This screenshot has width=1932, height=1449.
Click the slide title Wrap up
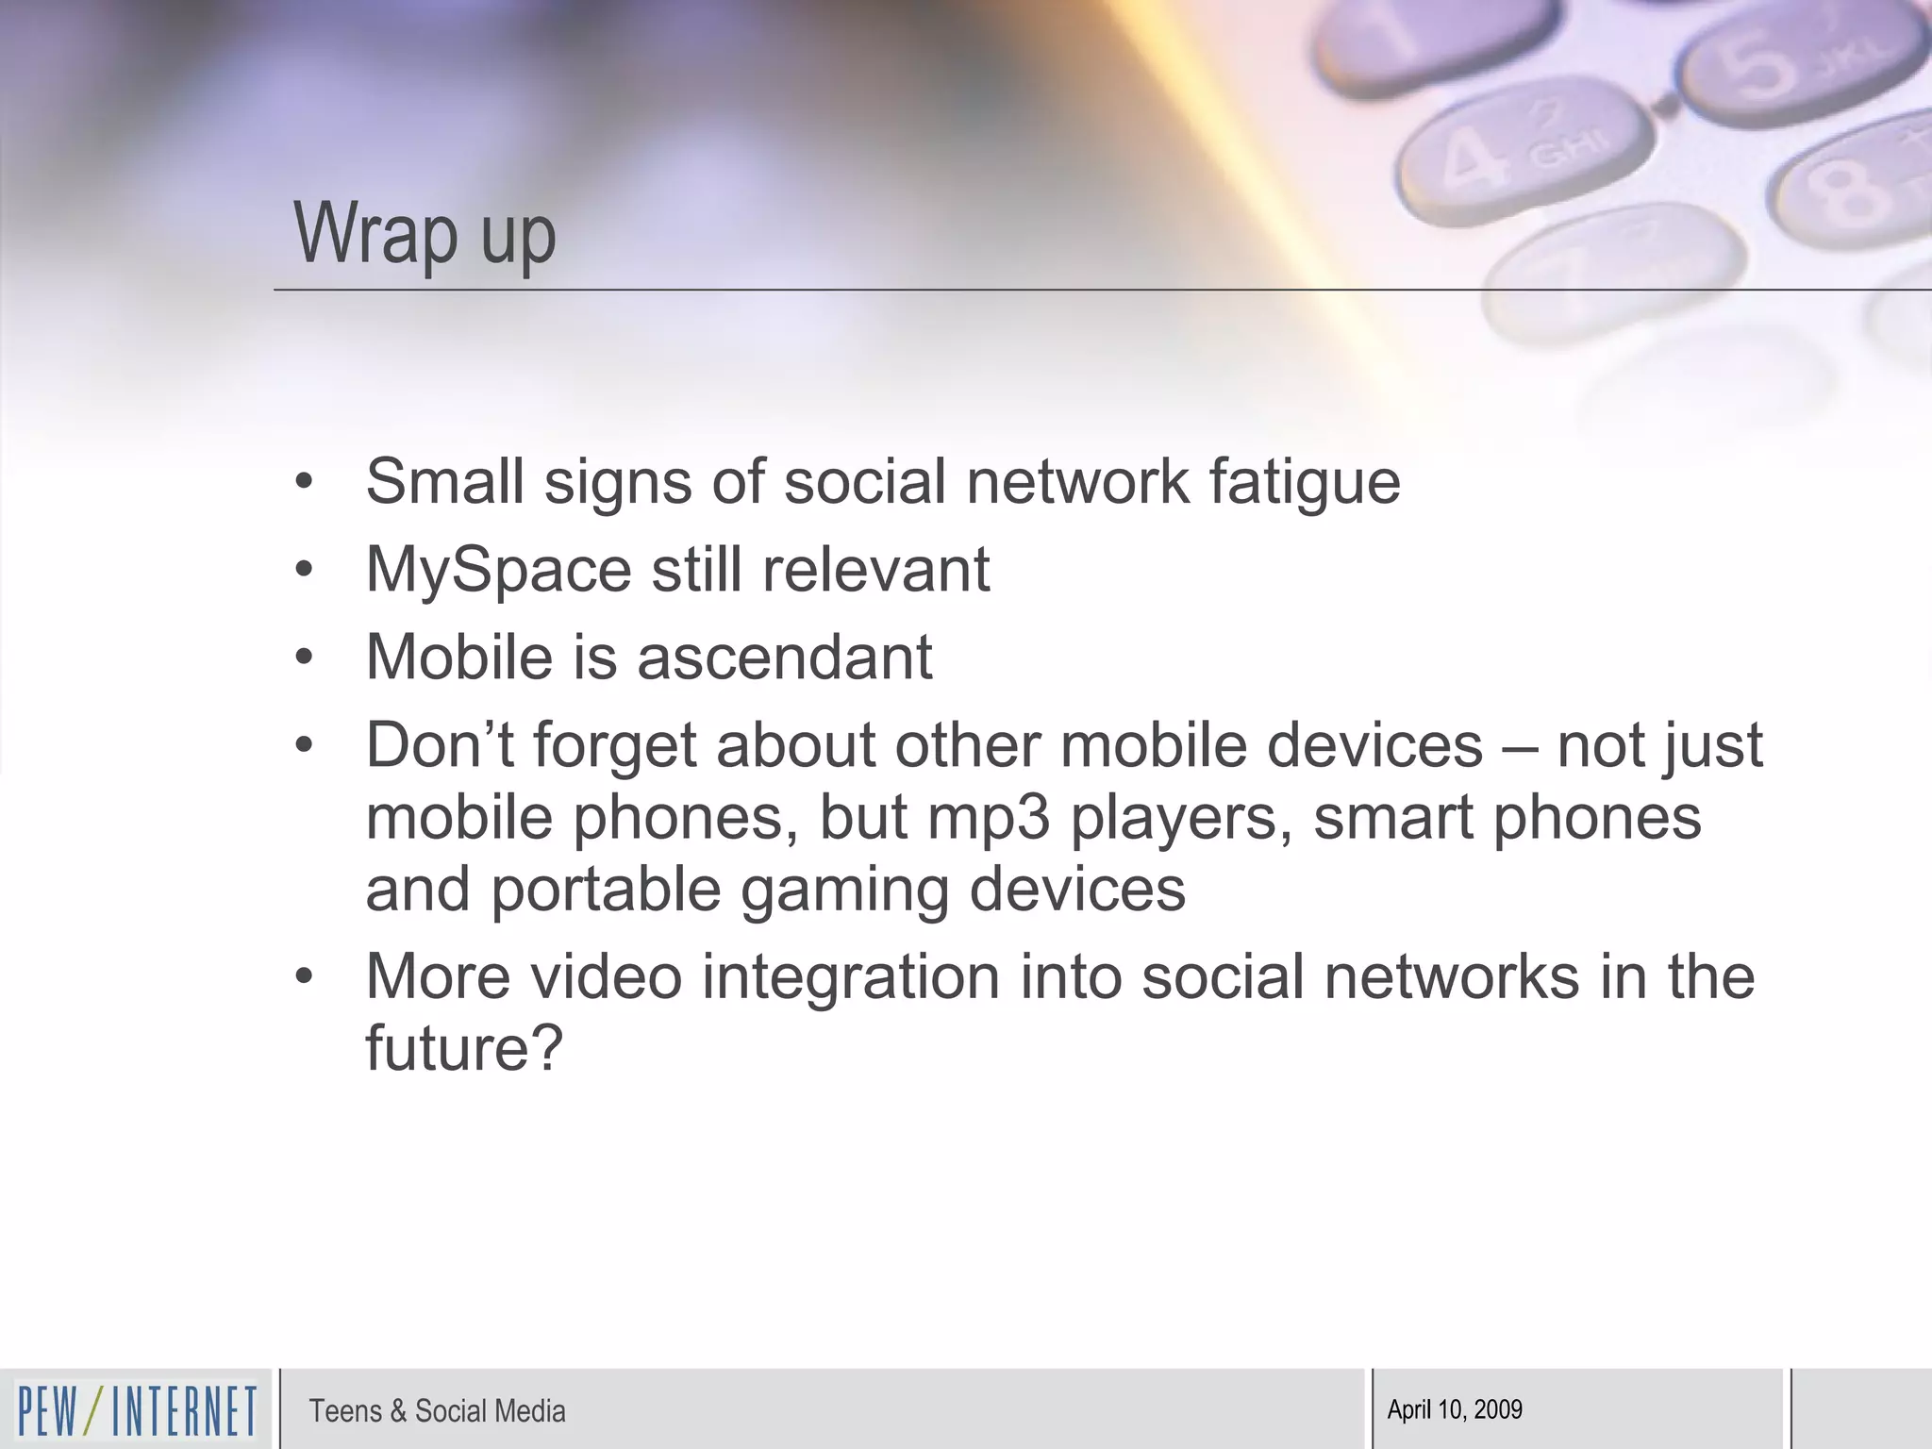pyautogui.click(x=425, y=234)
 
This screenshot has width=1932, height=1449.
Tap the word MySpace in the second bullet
pyautogui.click(x=498, y=571)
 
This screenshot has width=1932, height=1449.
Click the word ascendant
pyautogui.click(x=785, y=658)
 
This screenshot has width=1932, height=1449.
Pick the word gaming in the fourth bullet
pyautogui.click(x=844, y=891)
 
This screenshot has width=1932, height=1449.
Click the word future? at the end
pyautogui.click(x=463, y=1048)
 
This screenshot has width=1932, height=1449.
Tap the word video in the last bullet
pyautogui.click(x=605, y=976)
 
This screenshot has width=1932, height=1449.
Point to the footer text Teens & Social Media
pyautogui.click(x=437, y=1411)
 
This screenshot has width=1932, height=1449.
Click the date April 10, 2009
pyautogui.click(x=1455, y=1409)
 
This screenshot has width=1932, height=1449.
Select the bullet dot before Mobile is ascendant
pyautogui.click(x=303, y=658)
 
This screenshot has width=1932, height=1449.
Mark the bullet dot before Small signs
pyautogui.click(x=303, y=482)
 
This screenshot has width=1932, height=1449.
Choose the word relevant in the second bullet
pyautogui.click(x=875, y=570)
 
